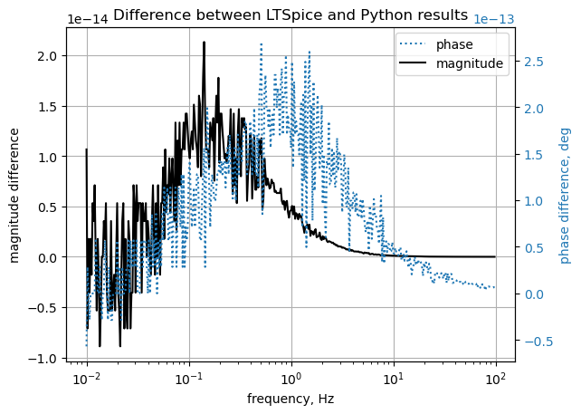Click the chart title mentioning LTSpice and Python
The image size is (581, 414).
(290, 15)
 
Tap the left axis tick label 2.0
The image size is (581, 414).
(46, 56)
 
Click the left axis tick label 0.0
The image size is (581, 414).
(46, 258)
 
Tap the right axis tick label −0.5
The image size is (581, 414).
(537, 342)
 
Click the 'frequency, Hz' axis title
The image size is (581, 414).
(290, 399)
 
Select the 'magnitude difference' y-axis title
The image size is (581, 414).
(14, 195)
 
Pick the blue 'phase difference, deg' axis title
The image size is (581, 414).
(566, 195)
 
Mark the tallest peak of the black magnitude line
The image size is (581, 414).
(204, 42)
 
